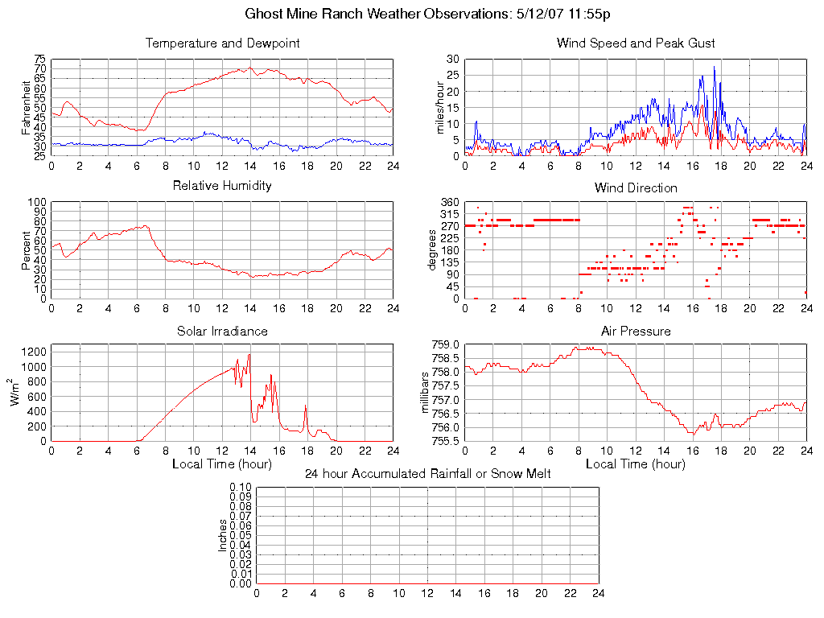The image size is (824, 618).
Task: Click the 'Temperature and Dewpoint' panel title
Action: click(222, 43)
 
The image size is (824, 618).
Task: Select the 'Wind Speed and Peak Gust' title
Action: click(636, 43)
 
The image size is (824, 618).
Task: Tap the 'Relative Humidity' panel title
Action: click(222, 186)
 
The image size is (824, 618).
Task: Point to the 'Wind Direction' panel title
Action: click(636, 187)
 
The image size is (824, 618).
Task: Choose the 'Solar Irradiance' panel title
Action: click(222, 331)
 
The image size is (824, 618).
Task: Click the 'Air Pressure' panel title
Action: click(636, 331)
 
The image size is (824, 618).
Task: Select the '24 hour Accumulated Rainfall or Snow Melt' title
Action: click(427, 474)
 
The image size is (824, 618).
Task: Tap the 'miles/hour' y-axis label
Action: click(441, 107)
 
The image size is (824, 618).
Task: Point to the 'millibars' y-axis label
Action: click(426, 393)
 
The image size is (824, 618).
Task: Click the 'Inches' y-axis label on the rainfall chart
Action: click(223, 535)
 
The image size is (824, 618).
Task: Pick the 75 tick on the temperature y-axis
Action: click(39, 60)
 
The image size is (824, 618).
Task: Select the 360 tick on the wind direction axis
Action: click(449, 202)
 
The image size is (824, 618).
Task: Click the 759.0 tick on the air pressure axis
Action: click(444, 344)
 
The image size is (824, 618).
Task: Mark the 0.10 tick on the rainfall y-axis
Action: click(241, 487)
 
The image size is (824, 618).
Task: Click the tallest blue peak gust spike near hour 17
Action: click(714, 68)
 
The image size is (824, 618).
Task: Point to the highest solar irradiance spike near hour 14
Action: click(249, 354)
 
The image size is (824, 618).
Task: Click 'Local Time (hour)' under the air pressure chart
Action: click(636, 464)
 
